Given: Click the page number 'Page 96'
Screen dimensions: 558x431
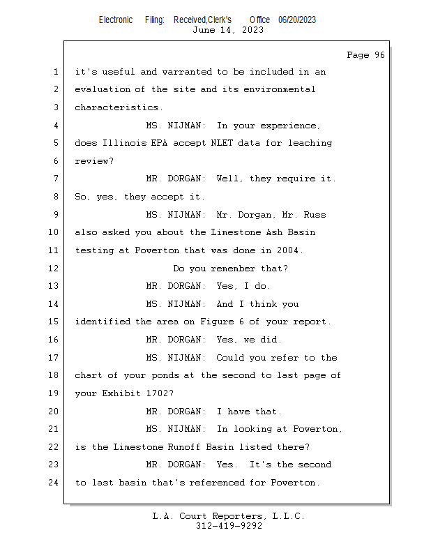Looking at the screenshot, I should [365, 55].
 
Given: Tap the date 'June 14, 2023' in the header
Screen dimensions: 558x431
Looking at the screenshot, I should [228, 30].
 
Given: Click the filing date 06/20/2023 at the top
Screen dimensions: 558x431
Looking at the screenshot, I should [297, 20].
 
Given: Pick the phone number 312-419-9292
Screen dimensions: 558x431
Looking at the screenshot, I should [228, 526].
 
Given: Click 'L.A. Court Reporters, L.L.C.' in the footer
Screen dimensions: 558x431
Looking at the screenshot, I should [228, 516].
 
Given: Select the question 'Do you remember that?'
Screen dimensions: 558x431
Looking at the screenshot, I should [230, 269].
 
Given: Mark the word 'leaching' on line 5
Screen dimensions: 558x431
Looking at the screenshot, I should [308, 144].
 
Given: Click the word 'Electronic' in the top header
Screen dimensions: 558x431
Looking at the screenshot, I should [116, 20].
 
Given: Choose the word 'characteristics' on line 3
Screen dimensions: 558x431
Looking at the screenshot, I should [116, 108].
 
